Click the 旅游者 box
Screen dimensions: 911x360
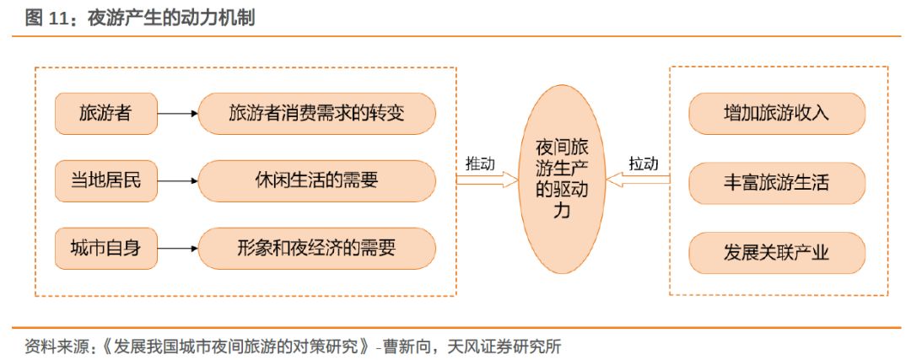pos(105,113)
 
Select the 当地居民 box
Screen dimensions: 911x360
pos(105,180)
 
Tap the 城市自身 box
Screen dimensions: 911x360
pos(105,249)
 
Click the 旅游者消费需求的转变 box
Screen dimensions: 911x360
pos(316,113)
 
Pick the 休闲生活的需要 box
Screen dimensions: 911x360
pos(316,180)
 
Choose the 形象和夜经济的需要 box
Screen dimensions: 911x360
pos(316,249)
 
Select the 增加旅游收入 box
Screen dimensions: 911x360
pos(776,113)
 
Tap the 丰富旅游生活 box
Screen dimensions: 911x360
pos(776,180)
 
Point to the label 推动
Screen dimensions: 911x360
pos(480,164)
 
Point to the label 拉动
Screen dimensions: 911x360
pos(644,164)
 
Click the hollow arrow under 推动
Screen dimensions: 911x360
pos(485,180)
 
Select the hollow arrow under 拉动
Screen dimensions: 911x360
pos(639,180)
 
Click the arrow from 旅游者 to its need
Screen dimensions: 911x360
pos(177,113)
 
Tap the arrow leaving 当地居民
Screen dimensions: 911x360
pos(177,180)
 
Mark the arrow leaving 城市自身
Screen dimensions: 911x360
pos(177,249)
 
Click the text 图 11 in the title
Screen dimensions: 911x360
pos(46,19)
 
